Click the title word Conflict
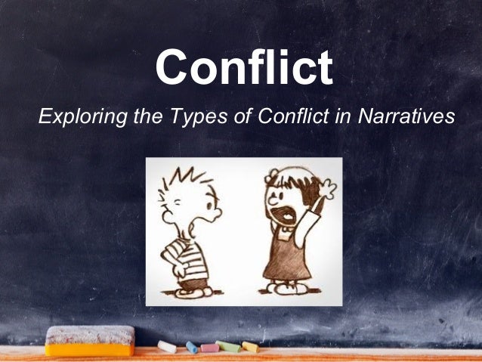[243, 67]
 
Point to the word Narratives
[408, 117]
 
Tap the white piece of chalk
[166, 346]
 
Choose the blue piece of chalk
[192, 347]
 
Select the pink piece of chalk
[209, 348]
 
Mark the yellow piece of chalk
[249, 347]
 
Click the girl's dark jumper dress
[287, 257]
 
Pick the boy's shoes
[193, 290]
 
